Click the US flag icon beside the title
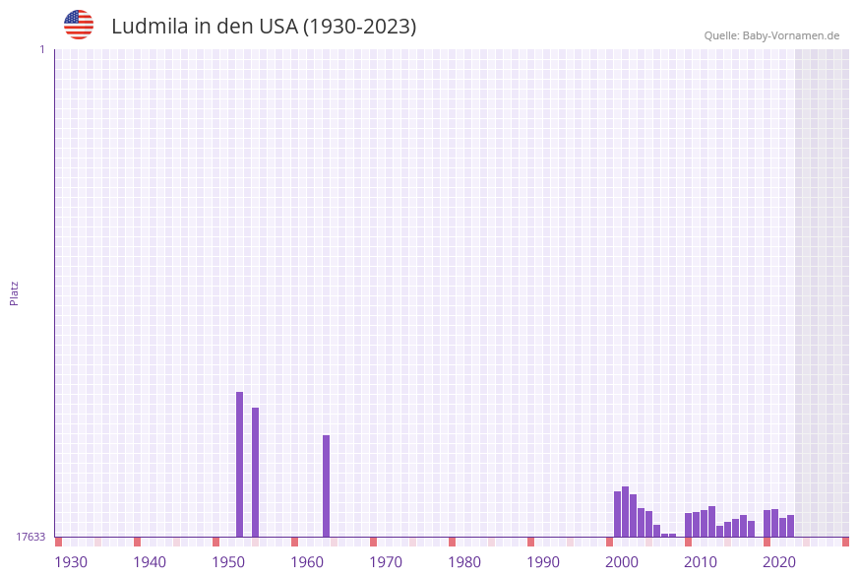[x=79, y=25]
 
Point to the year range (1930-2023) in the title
[x=359, y=27]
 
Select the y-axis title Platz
[x=15, y=293]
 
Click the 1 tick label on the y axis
[x=41, y=49]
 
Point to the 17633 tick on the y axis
[x=31, y=537]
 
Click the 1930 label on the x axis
[x=71, y=562]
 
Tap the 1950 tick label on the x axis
[x=228, y=562]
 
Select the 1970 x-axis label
[x=386, y=562]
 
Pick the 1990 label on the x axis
[x=543, y=562]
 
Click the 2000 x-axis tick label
[x=622, y=562]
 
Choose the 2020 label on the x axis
[x=779, y=562]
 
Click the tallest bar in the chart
[x=239, y=464]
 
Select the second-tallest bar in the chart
[x=255, y=472]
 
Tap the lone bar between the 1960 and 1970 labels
[x=326, y=485]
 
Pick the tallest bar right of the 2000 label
[x=625, y=511]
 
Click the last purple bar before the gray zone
[x=790, y=526]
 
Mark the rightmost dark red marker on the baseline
[x=845, y=542]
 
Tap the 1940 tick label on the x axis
[x=150, y=562]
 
